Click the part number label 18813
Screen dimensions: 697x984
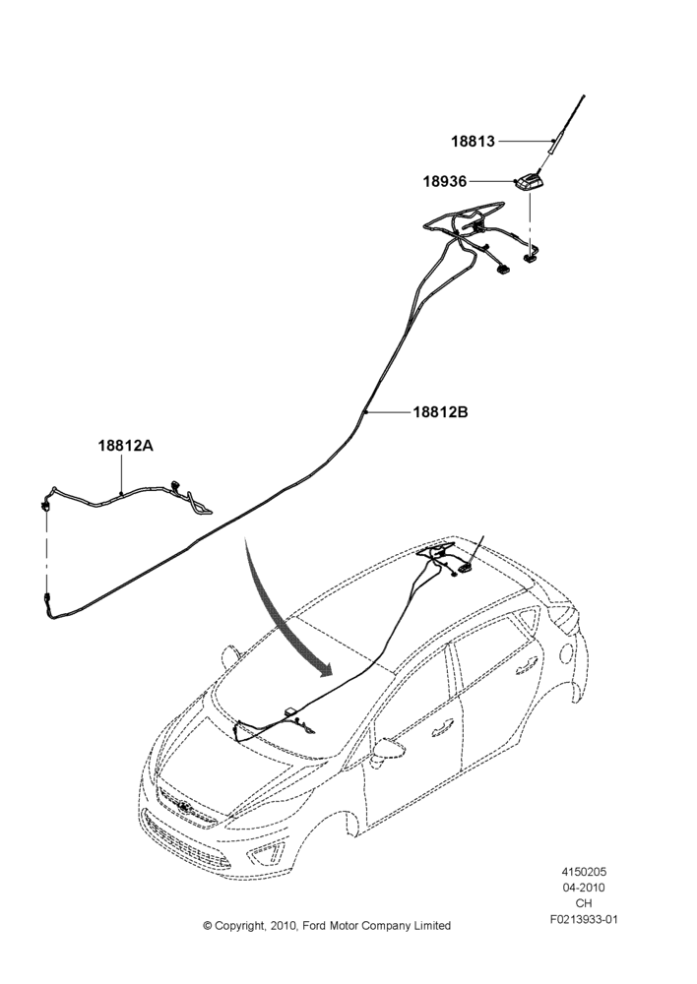click(473, 141)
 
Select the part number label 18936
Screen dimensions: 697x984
click(445, 181)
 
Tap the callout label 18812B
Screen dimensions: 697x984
click(440, 412)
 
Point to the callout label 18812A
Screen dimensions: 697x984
click(126, 446)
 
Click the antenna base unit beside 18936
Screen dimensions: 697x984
click(529, 183)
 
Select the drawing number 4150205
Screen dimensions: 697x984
click(584, 872)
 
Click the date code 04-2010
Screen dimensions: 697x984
click(584, 888)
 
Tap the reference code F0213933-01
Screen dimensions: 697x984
click(584, 920)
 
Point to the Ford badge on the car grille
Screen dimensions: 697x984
click(183, 808)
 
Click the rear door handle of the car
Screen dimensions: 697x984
click(527, 665)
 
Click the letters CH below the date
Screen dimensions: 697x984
click(584, 903)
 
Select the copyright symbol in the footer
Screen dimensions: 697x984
click(207, 926)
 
